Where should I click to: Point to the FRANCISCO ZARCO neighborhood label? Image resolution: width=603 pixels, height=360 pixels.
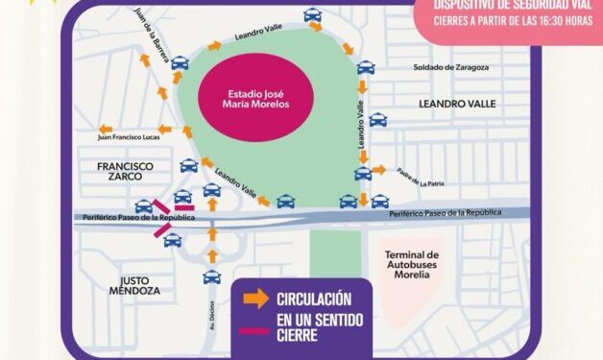(125, 172)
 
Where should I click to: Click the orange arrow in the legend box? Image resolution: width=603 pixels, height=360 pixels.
(255, 300)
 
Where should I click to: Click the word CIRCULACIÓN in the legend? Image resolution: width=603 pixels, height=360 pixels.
(313, 299)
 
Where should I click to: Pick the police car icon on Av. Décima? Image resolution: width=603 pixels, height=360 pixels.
(211, 277)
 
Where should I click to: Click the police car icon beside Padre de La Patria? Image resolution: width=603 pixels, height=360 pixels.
(362, 174)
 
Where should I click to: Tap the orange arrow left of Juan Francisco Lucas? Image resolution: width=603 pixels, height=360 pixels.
(105, 129)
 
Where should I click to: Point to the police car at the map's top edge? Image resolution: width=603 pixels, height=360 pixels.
(313, 14)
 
